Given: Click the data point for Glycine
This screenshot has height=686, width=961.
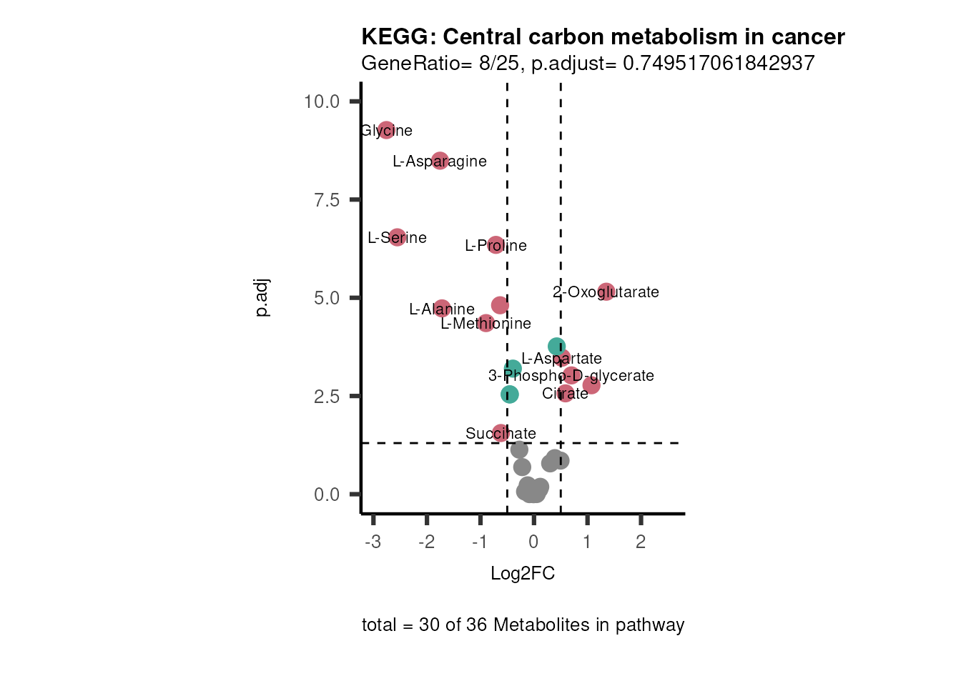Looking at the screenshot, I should click(x=386, y=130).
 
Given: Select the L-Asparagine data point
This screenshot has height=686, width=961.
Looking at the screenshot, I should click(x=440, y=161).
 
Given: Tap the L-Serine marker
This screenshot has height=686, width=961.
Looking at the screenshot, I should click(x=397, y=237).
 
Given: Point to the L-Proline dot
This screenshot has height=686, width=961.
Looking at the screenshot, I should click(x=496, y=245).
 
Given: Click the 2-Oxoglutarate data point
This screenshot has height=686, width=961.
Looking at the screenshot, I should click(x=606, y=292).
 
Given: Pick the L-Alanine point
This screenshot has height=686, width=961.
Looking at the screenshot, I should click(x=442, y=309).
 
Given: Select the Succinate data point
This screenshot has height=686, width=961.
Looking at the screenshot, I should click(x=501, y=433).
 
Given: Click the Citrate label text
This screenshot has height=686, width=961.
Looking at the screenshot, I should click(x=565, y=394).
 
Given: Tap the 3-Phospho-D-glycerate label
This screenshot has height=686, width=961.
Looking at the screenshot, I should click(x=571, y=376).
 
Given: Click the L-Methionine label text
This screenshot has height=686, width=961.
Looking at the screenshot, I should click(x=486, y=324).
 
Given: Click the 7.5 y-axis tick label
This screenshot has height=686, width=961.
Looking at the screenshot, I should click(x=327, y=200).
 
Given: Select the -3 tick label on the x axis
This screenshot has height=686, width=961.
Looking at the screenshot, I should click(x=373, y=542).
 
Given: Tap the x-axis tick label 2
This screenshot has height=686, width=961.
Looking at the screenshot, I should click(x=641, y=542).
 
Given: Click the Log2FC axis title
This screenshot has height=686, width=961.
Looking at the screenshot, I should click(x=523, y=574).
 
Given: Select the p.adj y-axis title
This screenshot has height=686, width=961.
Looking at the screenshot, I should click(x=262, y=298).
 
